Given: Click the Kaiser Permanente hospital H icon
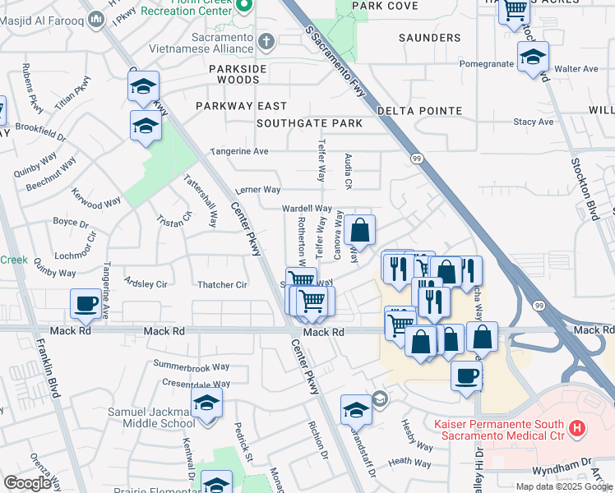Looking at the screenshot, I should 577,428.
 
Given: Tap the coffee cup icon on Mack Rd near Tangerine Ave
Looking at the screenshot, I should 86,304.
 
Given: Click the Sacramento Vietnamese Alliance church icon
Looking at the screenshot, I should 266,40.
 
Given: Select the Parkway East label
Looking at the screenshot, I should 241,106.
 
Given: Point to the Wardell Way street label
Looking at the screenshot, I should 307,210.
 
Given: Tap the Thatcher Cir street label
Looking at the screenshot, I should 222,285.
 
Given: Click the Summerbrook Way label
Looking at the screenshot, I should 192,364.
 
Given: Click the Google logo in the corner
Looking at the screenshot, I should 27,483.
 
